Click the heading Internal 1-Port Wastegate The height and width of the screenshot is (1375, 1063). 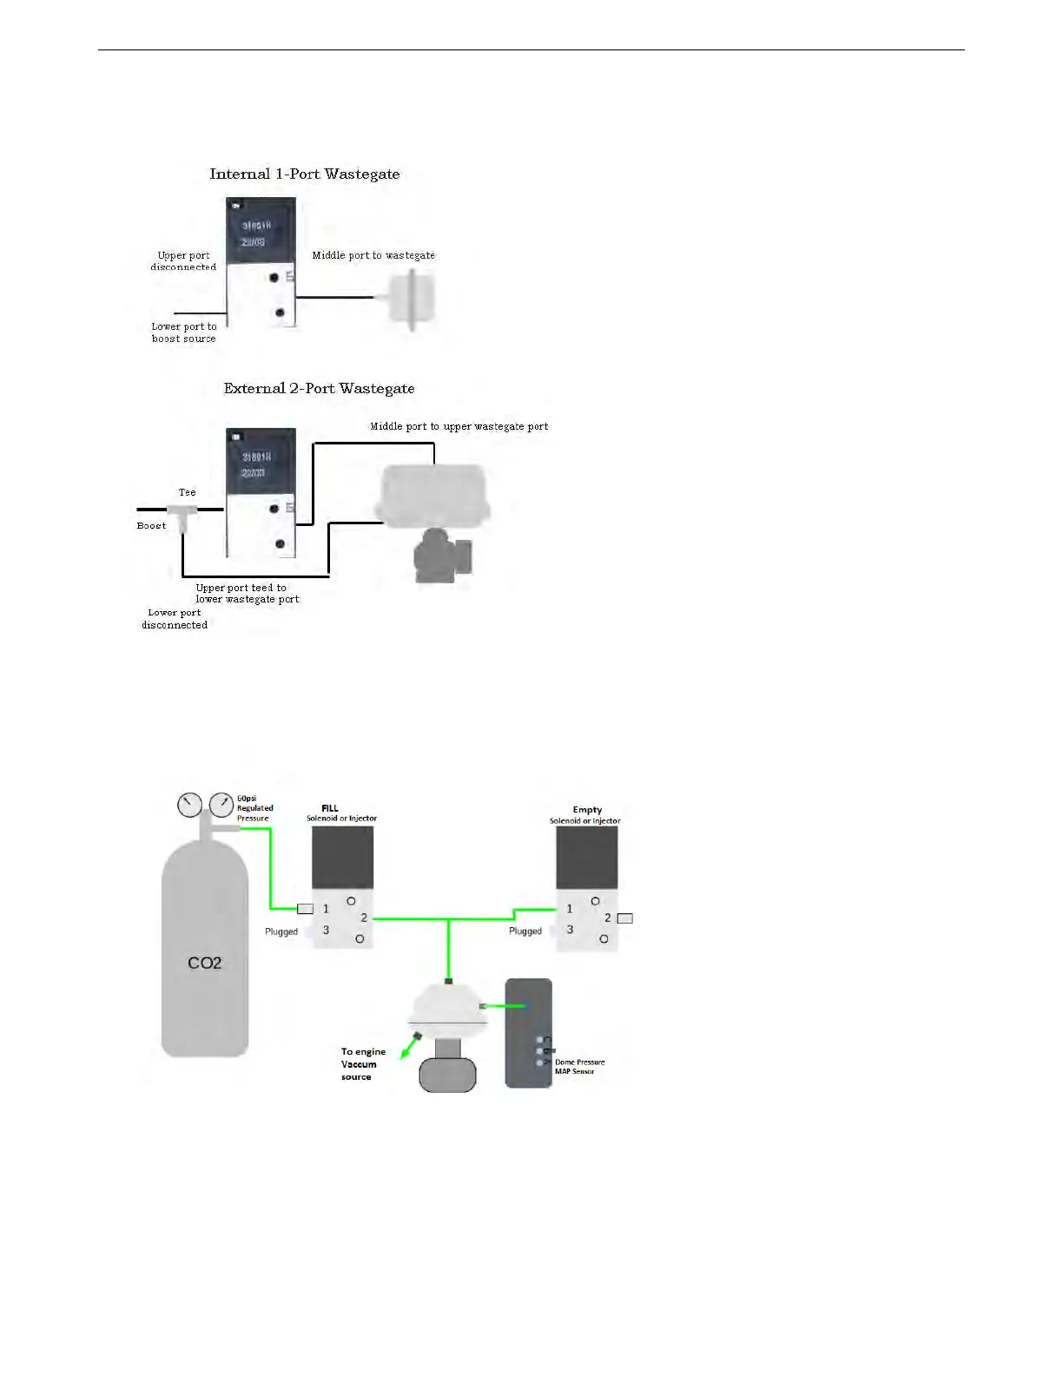pos(304,174)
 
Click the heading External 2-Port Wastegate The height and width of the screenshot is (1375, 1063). pos(319,388)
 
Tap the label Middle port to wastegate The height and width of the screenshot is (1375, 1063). pos(373,255)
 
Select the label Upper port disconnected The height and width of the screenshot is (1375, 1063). pos(183,261)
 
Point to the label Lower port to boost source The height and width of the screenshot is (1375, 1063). pos(183,332)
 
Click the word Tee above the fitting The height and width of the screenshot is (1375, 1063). pos(187,492)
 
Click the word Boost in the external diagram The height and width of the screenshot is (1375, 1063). pos(151,525)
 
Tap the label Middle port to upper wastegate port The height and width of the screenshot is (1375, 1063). pos(459,426)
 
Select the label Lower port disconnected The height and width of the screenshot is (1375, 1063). pos(175,618)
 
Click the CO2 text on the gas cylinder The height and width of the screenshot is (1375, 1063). pos(205,963)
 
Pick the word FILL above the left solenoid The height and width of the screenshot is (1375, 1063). pos(330,808)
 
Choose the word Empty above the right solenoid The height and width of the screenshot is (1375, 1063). pos(587,809)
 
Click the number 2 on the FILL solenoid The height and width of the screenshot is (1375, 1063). pos(364,918)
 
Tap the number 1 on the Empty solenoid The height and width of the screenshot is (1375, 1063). pos(570,909)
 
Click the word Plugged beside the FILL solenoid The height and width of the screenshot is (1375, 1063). pos(281,931)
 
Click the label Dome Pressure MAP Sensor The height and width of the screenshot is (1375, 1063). pos(579,1066)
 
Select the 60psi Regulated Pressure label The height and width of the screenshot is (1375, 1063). pos(254,808)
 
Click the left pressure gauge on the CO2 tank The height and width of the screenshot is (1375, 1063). pos(188,805)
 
